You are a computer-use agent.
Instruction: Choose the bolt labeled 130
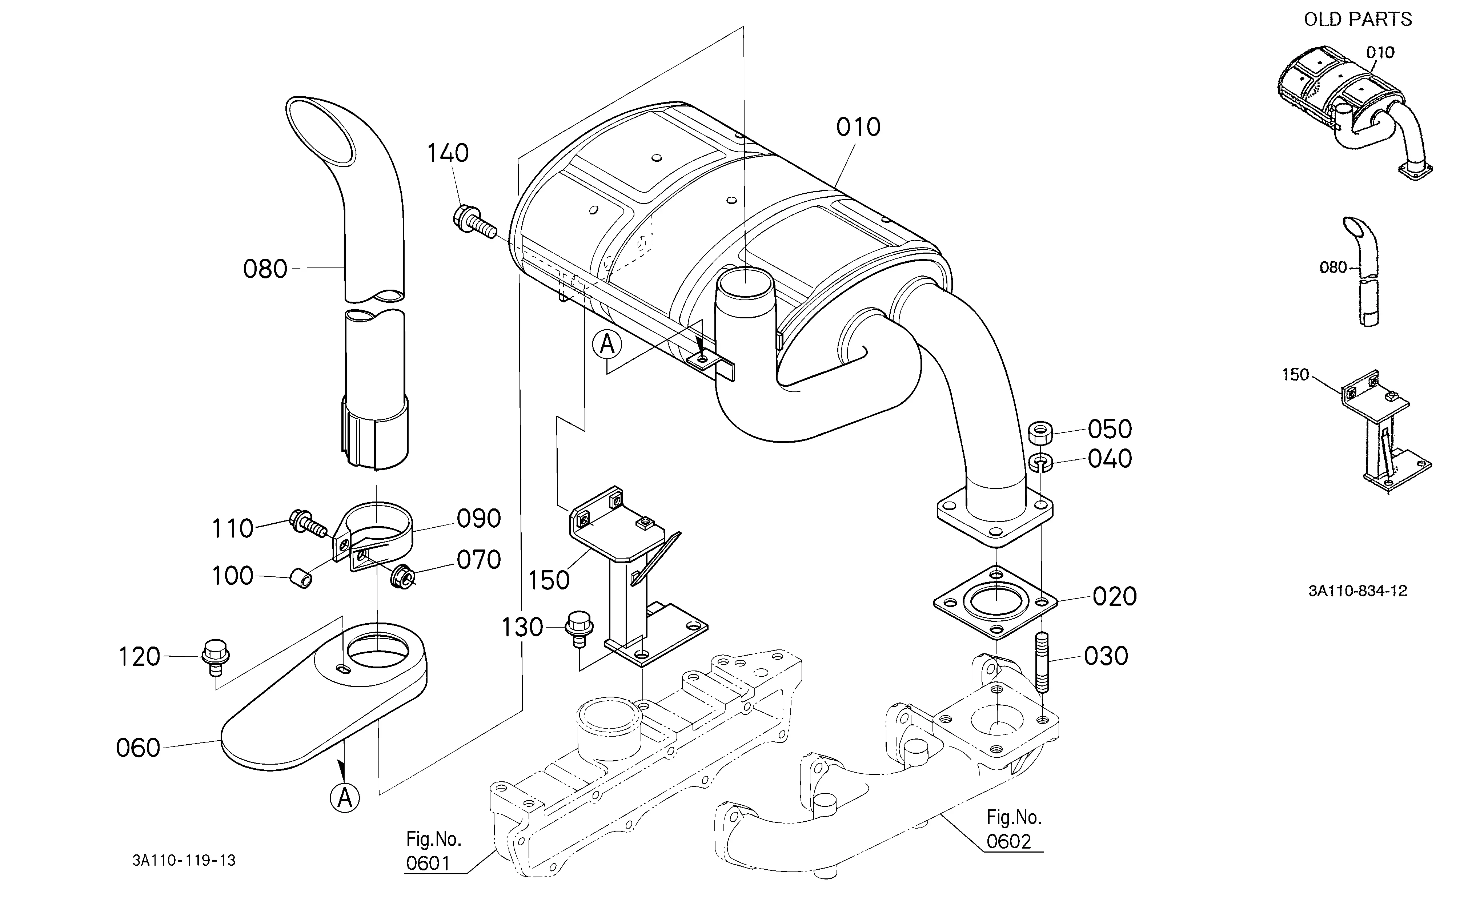pyautogui.click(x=578, y=628)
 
